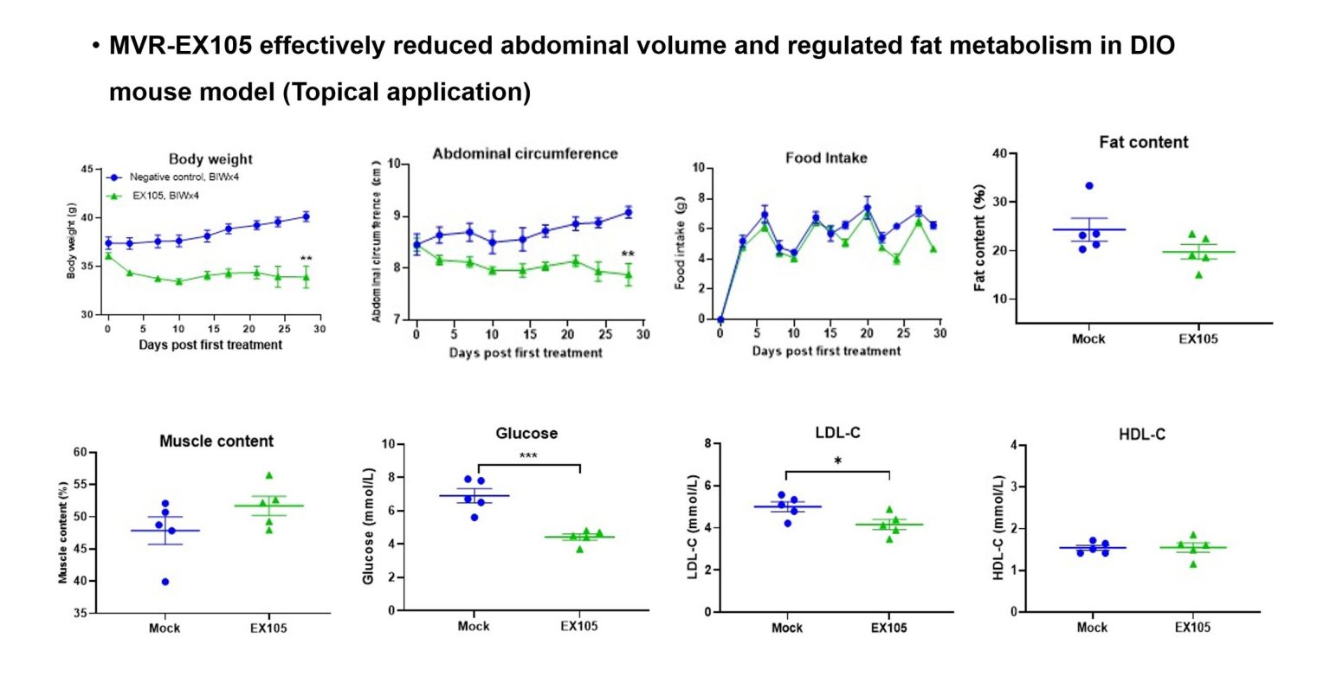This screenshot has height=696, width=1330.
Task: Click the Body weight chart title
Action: point(210,159)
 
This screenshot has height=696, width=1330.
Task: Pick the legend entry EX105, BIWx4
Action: point(165,196)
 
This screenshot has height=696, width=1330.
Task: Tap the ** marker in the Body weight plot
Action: point(306,259)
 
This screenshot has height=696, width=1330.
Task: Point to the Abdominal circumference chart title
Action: point(525,154)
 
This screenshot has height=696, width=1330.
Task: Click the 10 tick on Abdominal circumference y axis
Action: point(394,164)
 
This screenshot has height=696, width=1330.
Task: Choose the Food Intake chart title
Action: point(826,158)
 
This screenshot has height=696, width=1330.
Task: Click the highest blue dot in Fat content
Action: point(1088,186)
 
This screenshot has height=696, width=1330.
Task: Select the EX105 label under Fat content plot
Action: point(1198,338)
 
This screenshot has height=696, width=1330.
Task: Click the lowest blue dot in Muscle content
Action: point(165,582)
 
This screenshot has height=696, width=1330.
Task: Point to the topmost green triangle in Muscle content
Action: point(268,475)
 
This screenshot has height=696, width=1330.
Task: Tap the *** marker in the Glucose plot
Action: point(528,455)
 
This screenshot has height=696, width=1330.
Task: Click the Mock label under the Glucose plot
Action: point(474,626)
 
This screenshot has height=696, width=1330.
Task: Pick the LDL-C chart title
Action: point(837,433)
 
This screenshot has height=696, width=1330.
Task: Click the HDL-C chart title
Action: point(1141,435)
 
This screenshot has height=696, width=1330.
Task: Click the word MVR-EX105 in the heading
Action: point(180,46)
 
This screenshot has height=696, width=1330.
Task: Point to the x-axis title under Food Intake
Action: point(826,351)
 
